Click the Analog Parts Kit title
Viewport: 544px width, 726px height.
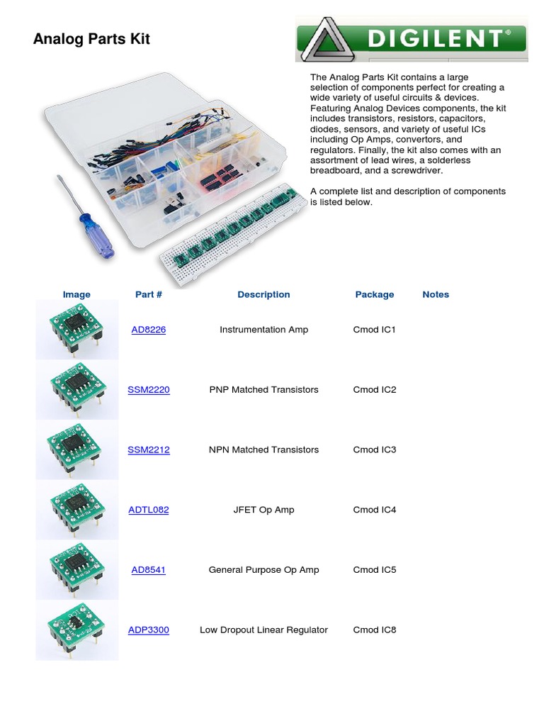(x=91, y=39)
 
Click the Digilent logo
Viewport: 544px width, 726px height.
(x=411, y=39)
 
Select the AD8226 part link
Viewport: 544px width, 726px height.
(x=149, y=330)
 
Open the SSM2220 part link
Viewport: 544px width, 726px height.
(x=149, y=390)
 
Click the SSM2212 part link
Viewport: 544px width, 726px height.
(x=149, y=449)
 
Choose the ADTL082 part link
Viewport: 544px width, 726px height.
(x=149, y=510)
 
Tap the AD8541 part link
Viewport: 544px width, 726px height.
(x=149, y=570)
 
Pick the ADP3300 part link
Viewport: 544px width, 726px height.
(x=149, y=630)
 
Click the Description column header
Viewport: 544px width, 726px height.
(x=263, y=294)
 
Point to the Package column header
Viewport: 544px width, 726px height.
(x=375, y=294)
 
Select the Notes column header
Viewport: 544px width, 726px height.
(x=436, y=294)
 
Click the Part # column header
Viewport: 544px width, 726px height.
(x=149, y=294)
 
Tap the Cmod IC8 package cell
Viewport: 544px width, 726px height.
(x=375, y=630)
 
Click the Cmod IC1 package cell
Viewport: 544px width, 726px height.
(x=375, y=330)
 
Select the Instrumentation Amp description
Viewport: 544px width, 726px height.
(x=263, y=330)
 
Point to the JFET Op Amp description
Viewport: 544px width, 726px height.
(x=263, y=510)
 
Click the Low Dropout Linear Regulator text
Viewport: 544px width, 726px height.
(x=263, y=630)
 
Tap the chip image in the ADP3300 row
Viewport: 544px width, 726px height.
(x=76, y=630)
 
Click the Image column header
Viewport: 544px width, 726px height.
(x=76, y=294)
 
